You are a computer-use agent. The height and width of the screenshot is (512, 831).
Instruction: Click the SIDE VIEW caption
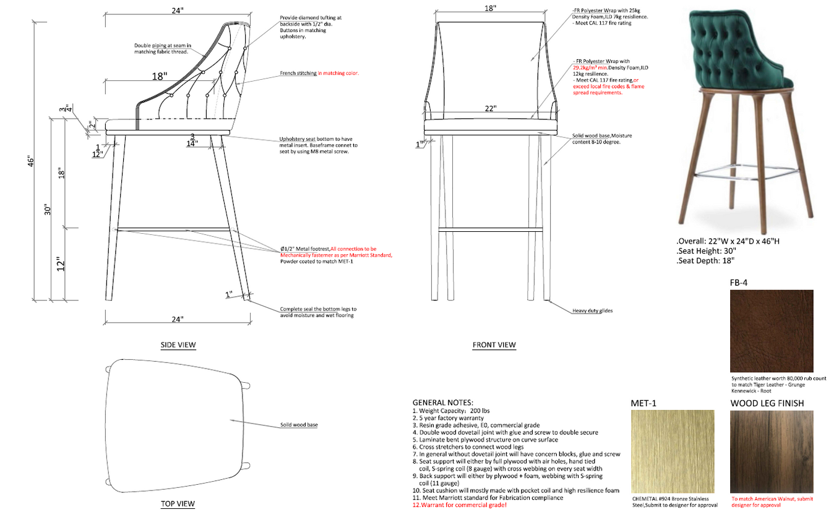tap(178, 344)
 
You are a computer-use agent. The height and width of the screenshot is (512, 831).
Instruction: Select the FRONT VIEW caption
tap(494, 344)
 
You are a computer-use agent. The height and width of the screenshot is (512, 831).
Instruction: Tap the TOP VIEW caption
tap(178, 504)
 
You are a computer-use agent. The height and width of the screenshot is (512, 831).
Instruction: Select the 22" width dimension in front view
tap(490, 109)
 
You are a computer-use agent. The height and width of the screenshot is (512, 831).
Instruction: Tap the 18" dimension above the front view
tap(490, 8)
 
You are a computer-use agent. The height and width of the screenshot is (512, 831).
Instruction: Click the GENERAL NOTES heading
tap(442, 402)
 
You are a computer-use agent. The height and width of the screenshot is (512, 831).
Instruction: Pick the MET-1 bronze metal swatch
tap(672, 451)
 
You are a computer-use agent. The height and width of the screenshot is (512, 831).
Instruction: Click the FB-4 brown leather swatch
tap(772, 330)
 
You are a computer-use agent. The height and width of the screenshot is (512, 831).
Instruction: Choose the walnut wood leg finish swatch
tap(771, 451)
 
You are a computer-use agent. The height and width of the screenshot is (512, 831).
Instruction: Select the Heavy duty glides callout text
tap(592, 310)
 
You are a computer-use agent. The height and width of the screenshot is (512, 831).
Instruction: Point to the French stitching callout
tap(319, 73)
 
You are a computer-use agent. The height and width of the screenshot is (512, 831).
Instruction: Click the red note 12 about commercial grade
tap(459, 505)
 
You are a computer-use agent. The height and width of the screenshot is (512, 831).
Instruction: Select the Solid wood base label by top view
tap(299, 425)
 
